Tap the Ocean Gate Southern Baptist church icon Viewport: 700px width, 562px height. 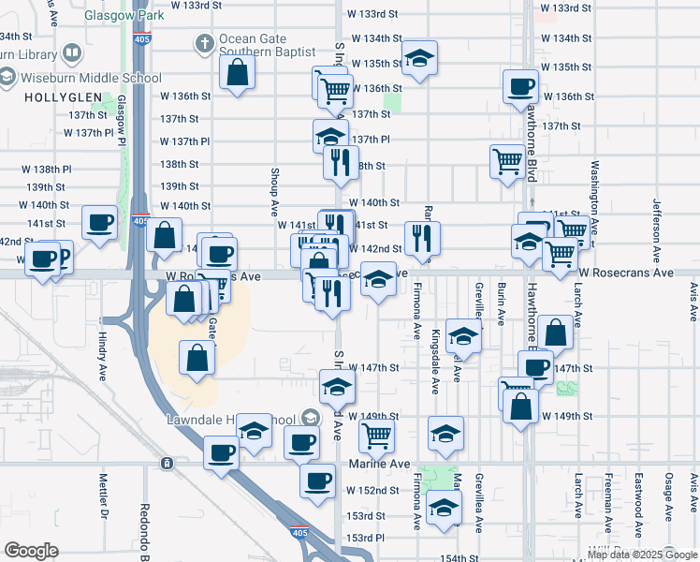[204, 43]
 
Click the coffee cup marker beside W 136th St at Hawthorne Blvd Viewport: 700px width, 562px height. [520, 87]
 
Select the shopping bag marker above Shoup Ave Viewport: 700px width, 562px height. [238, 73]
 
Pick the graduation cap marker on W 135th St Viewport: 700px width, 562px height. [419, 59]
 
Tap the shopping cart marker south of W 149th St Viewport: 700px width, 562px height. [376, 433]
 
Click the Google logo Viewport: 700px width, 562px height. [32, 551]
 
